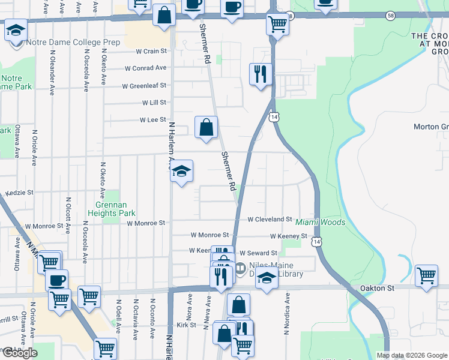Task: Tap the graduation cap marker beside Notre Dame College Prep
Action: pos(16,30)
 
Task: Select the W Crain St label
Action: pos(151,52)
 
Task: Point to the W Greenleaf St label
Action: pos(143,86)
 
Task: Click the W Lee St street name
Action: pos(152,120)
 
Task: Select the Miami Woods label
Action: pos(320,223)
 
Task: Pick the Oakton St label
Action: pos(377,288)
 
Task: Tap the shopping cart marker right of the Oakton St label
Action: pos(426,277)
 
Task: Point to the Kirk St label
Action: pos(187,325)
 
